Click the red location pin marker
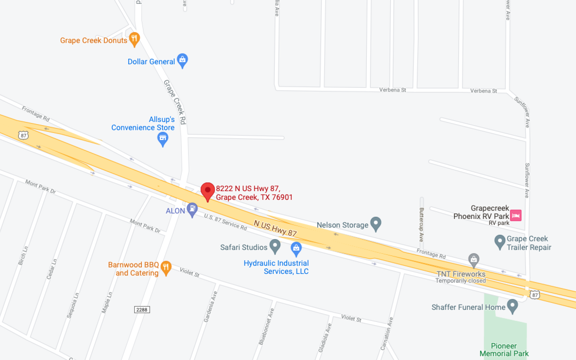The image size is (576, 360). pyautogui.click(x=208, y=190)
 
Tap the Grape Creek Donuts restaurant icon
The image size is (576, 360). pyautogui.click(x=134, y=39)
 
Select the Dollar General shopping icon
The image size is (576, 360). pyautogui.click(x=183, y=60)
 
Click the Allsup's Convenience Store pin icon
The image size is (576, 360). pyautogui.click(x=163, y=138)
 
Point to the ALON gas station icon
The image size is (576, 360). pyautogui.click(x=193, y=209)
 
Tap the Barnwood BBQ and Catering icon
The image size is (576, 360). pyautogui.click(x=166, y=267)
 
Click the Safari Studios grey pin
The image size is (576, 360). pyautogui.click(x=275, y=246)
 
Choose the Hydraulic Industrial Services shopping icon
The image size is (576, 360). pyautogui.click(x=296, y=248)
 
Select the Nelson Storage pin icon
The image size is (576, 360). pyautogui.click(x=376, y=223)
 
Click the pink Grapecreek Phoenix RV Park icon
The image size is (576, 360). pyautogui.click(x=516, y=216)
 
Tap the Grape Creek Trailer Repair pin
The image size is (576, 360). pyautogui.click(x=500, y=241)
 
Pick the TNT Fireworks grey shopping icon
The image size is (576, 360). pyautogui.click(x=474, y=259)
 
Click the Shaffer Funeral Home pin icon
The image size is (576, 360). pyautogui.click(x=512, y=306)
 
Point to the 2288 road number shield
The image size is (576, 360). pyautogui.click(x=142, y=310)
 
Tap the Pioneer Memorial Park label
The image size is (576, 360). pyautogui.click(x=504, y=350)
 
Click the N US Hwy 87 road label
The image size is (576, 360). pyautogui.click(x=275, y=228)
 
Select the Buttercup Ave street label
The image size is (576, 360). pyautogui.click(x=422, y=224)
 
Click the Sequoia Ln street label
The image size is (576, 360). pyautogui.click(x=73, y=305)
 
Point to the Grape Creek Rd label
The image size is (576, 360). pyautogui.click(x=175, y=102)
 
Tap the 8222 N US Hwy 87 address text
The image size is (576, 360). pyautogui.click(x=254, y=193)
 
